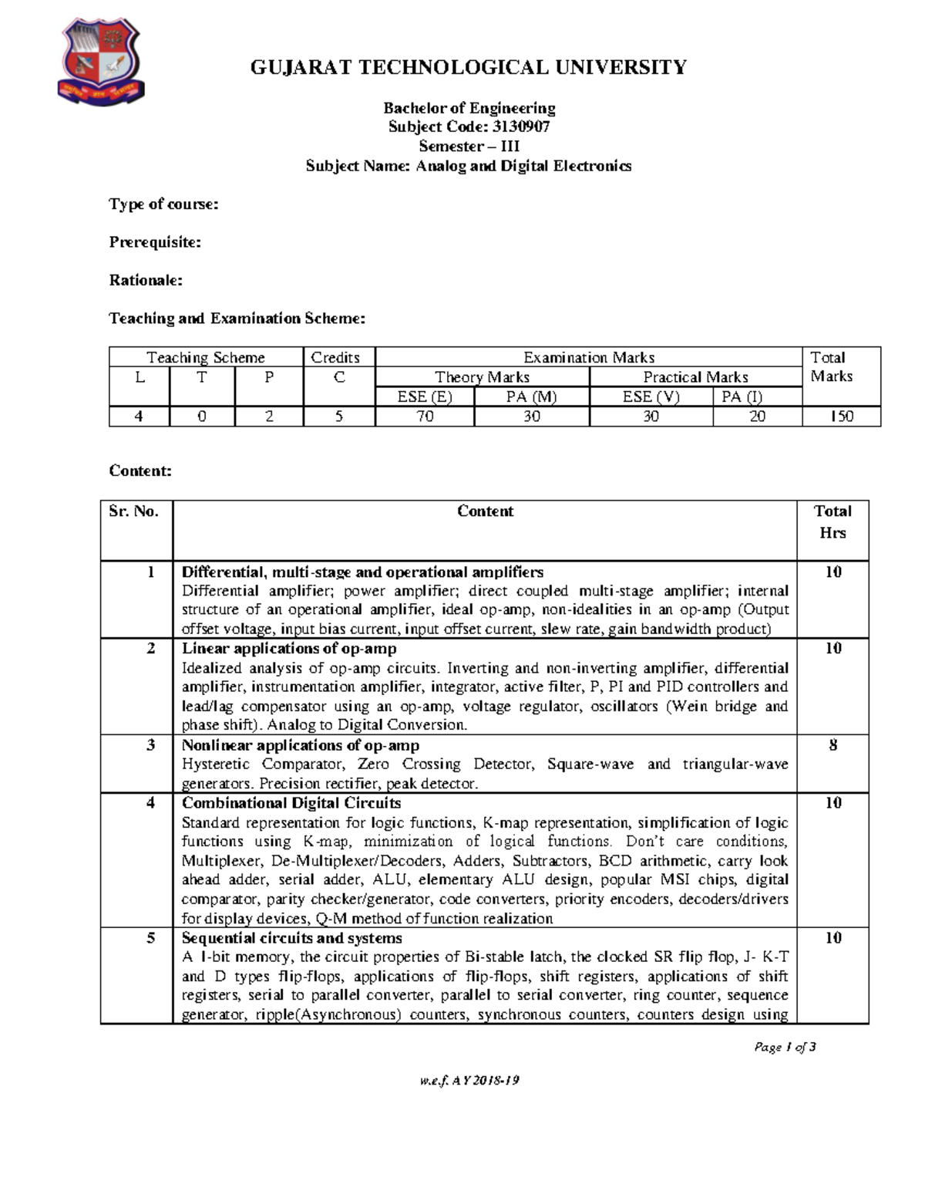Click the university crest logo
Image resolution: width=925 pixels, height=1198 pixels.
click(99, 62)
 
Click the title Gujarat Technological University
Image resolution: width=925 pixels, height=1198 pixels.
click(468, 68)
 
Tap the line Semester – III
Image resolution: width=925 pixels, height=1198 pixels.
click(469, 146)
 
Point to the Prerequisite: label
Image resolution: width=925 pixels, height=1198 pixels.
click(155, 242)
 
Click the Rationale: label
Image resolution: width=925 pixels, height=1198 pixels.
click(146, 280)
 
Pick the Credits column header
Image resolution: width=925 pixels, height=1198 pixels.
click(335, 357)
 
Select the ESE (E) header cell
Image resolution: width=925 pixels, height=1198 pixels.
click(424, 397)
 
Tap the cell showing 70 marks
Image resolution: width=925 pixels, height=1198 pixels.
click(424, 417)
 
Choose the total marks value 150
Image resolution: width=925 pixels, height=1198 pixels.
click(841, 417)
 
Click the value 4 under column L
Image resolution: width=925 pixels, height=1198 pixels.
click(139, 417)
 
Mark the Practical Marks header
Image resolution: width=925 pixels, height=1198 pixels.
click(695, 377)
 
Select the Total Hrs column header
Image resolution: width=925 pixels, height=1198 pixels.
click(832, 521)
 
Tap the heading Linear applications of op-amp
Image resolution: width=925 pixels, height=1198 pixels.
click(289, 649)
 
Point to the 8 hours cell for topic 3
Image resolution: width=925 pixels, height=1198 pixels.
click(832, 745)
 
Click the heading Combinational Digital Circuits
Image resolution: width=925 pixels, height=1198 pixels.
click(291, 803)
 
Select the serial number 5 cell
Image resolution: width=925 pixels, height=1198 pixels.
click(150, 938)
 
